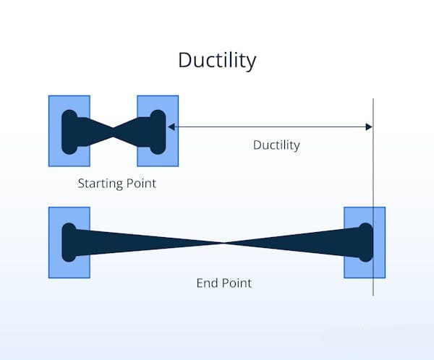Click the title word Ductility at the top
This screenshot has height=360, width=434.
(x=217, y=61)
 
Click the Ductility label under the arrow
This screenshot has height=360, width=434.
(x=276, y=145)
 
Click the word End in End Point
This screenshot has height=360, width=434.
(x=208, y=283)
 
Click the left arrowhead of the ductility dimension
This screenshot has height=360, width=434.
(x=171, y=127)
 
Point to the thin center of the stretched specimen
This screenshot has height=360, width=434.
(x=225, y=243)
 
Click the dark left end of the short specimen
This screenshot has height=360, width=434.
(x=71, y=131)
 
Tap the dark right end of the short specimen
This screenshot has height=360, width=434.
(x=156, y=131)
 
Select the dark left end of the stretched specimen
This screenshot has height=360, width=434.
(x=69, y=242)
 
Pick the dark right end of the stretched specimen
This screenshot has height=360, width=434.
(x=365, y=242)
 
